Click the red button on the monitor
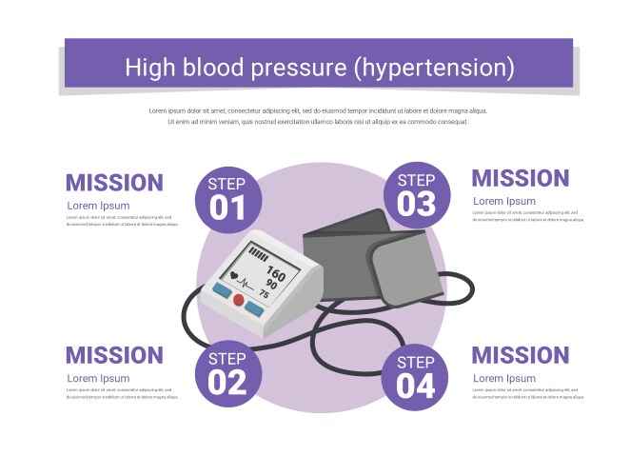[239, 300]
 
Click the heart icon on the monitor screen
[234, 276]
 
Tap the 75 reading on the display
[264, 295]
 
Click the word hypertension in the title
[441, 68]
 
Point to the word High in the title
[150, 68]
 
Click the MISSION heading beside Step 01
[114, 183]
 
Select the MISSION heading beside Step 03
[521, 178]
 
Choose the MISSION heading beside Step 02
[114, 356]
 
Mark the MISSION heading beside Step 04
[521, 355]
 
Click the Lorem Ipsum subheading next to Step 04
[503, 378]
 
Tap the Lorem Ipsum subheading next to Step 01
[98, 205]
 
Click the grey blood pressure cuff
[381, 257]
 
